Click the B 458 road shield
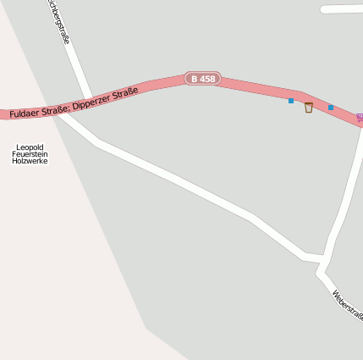tap(203, 79)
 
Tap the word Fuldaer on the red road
tap(28, 110)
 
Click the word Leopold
tap(30, 147)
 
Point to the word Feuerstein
tap(30, 153)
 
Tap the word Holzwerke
tap(30, 160)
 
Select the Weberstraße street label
tap(348, 306)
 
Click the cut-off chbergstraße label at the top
tap(58, 20)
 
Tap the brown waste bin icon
tap(309, 107)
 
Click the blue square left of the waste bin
tap(291, 101)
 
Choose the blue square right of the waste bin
tap(331, 108)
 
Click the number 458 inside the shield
tap(207, 79)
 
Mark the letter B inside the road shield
tap(195, 79)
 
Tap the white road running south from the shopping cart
tap(347, 195)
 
